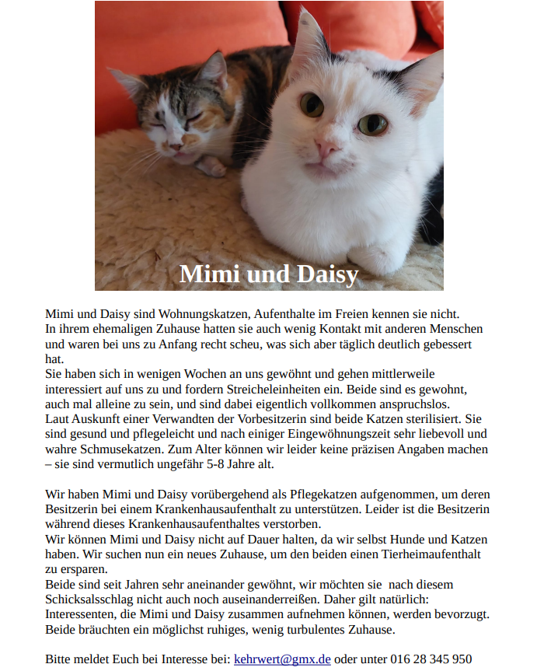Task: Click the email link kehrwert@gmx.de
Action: [282, 659]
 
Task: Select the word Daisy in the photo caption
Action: [325, 274]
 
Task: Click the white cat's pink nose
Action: [326, 147]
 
